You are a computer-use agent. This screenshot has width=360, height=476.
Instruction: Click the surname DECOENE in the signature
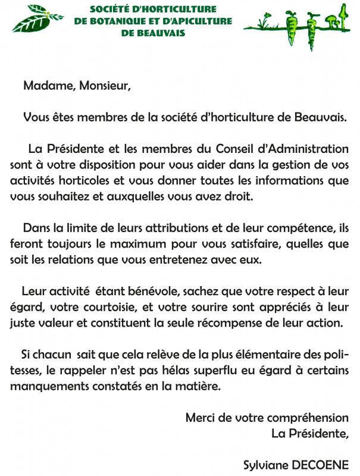coord(324,465)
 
